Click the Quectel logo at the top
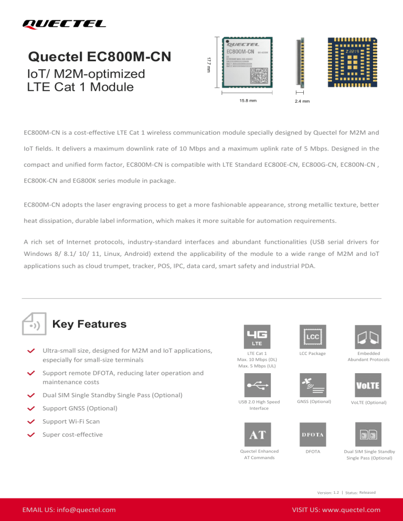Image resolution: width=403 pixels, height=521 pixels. click(x=64, y=23)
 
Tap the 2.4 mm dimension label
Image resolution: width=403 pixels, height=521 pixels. click(x=301, y=101)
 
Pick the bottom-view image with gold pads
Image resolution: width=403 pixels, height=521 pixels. click(x=353, y=62)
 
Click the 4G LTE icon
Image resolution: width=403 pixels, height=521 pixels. click(x=257, y=336)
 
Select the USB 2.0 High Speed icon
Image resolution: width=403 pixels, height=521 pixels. click(x=257, y=385)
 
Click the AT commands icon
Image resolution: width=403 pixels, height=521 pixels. click(x=257, y=434)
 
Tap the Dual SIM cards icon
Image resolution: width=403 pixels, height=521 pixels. click(x=368, y=434)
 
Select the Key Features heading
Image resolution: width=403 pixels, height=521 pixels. click(x=90, y=324)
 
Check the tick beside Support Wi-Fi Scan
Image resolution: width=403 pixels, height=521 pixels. click(x=31, y=421)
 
